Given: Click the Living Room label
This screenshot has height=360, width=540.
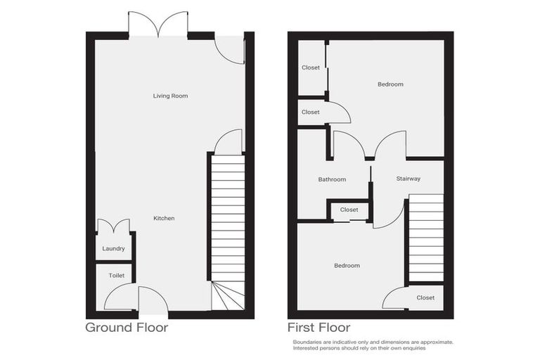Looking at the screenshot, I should pyautogui.click(x=170, y=96).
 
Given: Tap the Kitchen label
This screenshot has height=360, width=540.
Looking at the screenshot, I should pyautogui.click(x=164, y=219).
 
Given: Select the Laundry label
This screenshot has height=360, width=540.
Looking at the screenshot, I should pyautogui.click(x=113, y=249).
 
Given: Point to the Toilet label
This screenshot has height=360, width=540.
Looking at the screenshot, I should pyautogui.click(x=116, y=276).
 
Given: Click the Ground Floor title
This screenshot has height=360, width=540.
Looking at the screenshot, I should pyautogui.click(x=127, y=328).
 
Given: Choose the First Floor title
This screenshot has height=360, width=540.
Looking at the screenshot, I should pyautogui.click(x=319, y=328).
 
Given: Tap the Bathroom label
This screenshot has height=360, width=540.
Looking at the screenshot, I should pyautogui.click(x=332, y=179).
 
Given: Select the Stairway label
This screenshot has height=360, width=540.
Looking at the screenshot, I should pyautogui.click(x=408, y=179).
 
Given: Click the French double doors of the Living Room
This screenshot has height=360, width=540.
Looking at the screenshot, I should pyautogui.click(x=158, y=25).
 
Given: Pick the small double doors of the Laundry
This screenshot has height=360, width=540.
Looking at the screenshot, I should pyautogui.click(x=113, y=226).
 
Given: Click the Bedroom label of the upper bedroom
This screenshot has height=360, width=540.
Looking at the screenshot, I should pyautogui.click(x=390, y=84).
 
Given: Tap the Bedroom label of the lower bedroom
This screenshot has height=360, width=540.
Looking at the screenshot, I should pyautogui.click(x=347, y=266).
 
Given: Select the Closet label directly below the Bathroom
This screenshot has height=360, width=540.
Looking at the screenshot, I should pyautogui.click(x=349, y=210).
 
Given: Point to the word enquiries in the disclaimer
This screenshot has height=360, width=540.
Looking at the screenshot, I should pyautogui.click(x=413, y=348).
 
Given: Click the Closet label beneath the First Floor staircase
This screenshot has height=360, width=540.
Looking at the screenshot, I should pyautogui.click(x=425, y=297).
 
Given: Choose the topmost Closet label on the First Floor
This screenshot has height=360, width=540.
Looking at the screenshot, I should pyautogui.click(x=311, y=67).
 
